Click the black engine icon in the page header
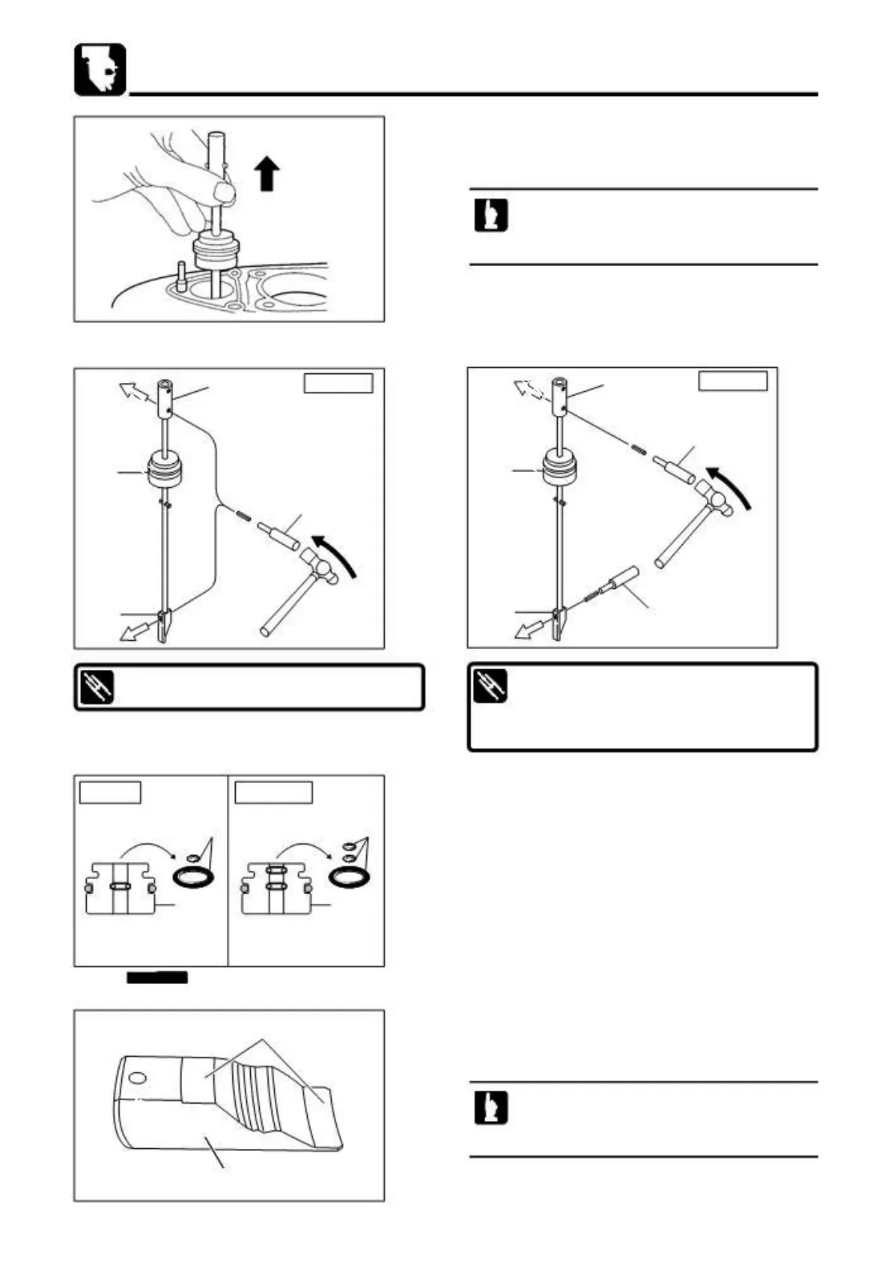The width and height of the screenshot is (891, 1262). click(x=100, y=69)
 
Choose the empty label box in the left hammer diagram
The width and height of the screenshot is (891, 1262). click(x=338, y=382)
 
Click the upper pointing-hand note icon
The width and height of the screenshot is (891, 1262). click(x=490, y=216)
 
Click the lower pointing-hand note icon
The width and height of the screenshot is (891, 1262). click(x=490, y=1108)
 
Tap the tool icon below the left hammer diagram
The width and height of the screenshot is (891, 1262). click(x=96, y=687)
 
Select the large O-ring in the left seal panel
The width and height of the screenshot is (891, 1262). click(x=194, y=875)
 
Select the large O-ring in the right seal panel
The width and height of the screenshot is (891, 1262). click(x=350, y=875)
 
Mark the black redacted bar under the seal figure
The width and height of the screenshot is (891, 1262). click(x=156, y=976)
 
